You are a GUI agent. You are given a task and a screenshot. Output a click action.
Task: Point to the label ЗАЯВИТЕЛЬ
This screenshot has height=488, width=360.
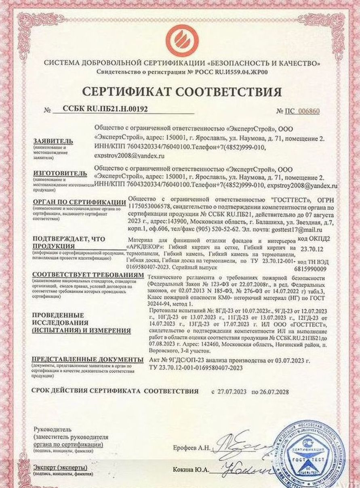pyautogui.click(x=53, y=141)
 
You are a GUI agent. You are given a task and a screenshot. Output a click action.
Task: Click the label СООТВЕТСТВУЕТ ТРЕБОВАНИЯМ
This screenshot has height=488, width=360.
pyautogui.click(x=88, y=274)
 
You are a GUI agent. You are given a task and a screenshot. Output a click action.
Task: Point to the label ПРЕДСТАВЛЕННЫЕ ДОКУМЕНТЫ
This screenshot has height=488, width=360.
pyautogui.click(x=88, y=359)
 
